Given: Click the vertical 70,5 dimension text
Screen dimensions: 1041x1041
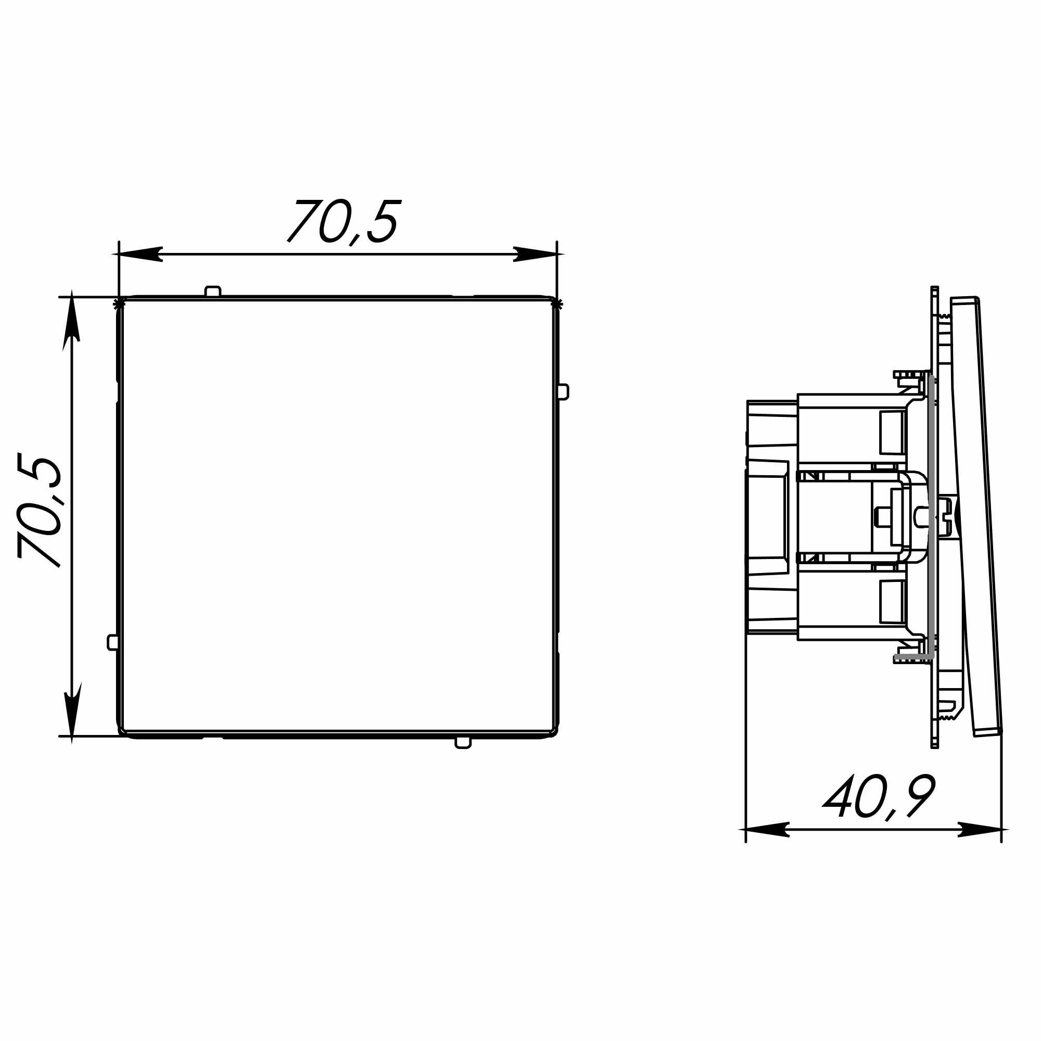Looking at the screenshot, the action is click(40, 510).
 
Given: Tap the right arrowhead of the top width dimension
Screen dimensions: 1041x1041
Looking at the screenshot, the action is click(535, 254).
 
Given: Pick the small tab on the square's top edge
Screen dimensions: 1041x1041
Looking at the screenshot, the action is click(213, 291).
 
